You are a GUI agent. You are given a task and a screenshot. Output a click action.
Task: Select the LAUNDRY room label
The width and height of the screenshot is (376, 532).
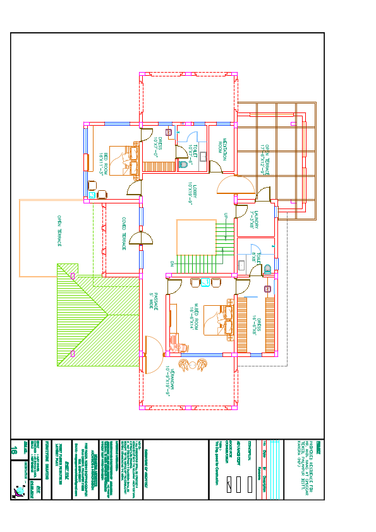pos(254,218)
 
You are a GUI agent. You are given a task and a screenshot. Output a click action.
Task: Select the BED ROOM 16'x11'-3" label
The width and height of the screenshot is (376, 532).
pos(103,163)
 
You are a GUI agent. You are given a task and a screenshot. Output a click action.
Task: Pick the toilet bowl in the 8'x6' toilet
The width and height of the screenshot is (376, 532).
pos(267,268)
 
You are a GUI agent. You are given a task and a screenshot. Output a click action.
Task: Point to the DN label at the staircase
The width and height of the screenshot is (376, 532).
pos(171,263)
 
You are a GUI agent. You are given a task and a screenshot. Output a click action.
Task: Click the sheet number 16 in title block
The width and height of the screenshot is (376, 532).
pos(15,450)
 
